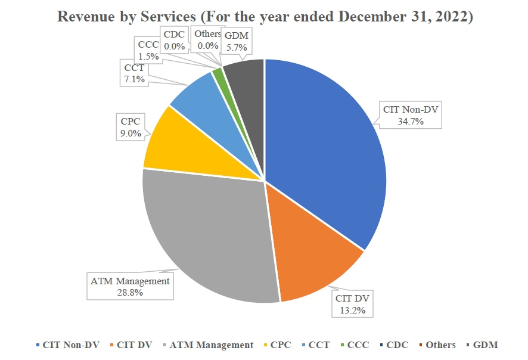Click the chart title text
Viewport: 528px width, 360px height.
[x=265, y=17]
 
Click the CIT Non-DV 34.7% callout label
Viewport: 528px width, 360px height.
[x=408, y=114]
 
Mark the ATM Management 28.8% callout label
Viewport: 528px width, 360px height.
[x=129, y=287]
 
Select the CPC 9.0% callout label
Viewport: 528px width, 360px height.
[x=131, y=128]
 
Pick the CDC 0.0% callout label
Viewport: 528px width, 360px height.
[x=174, y=40]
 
